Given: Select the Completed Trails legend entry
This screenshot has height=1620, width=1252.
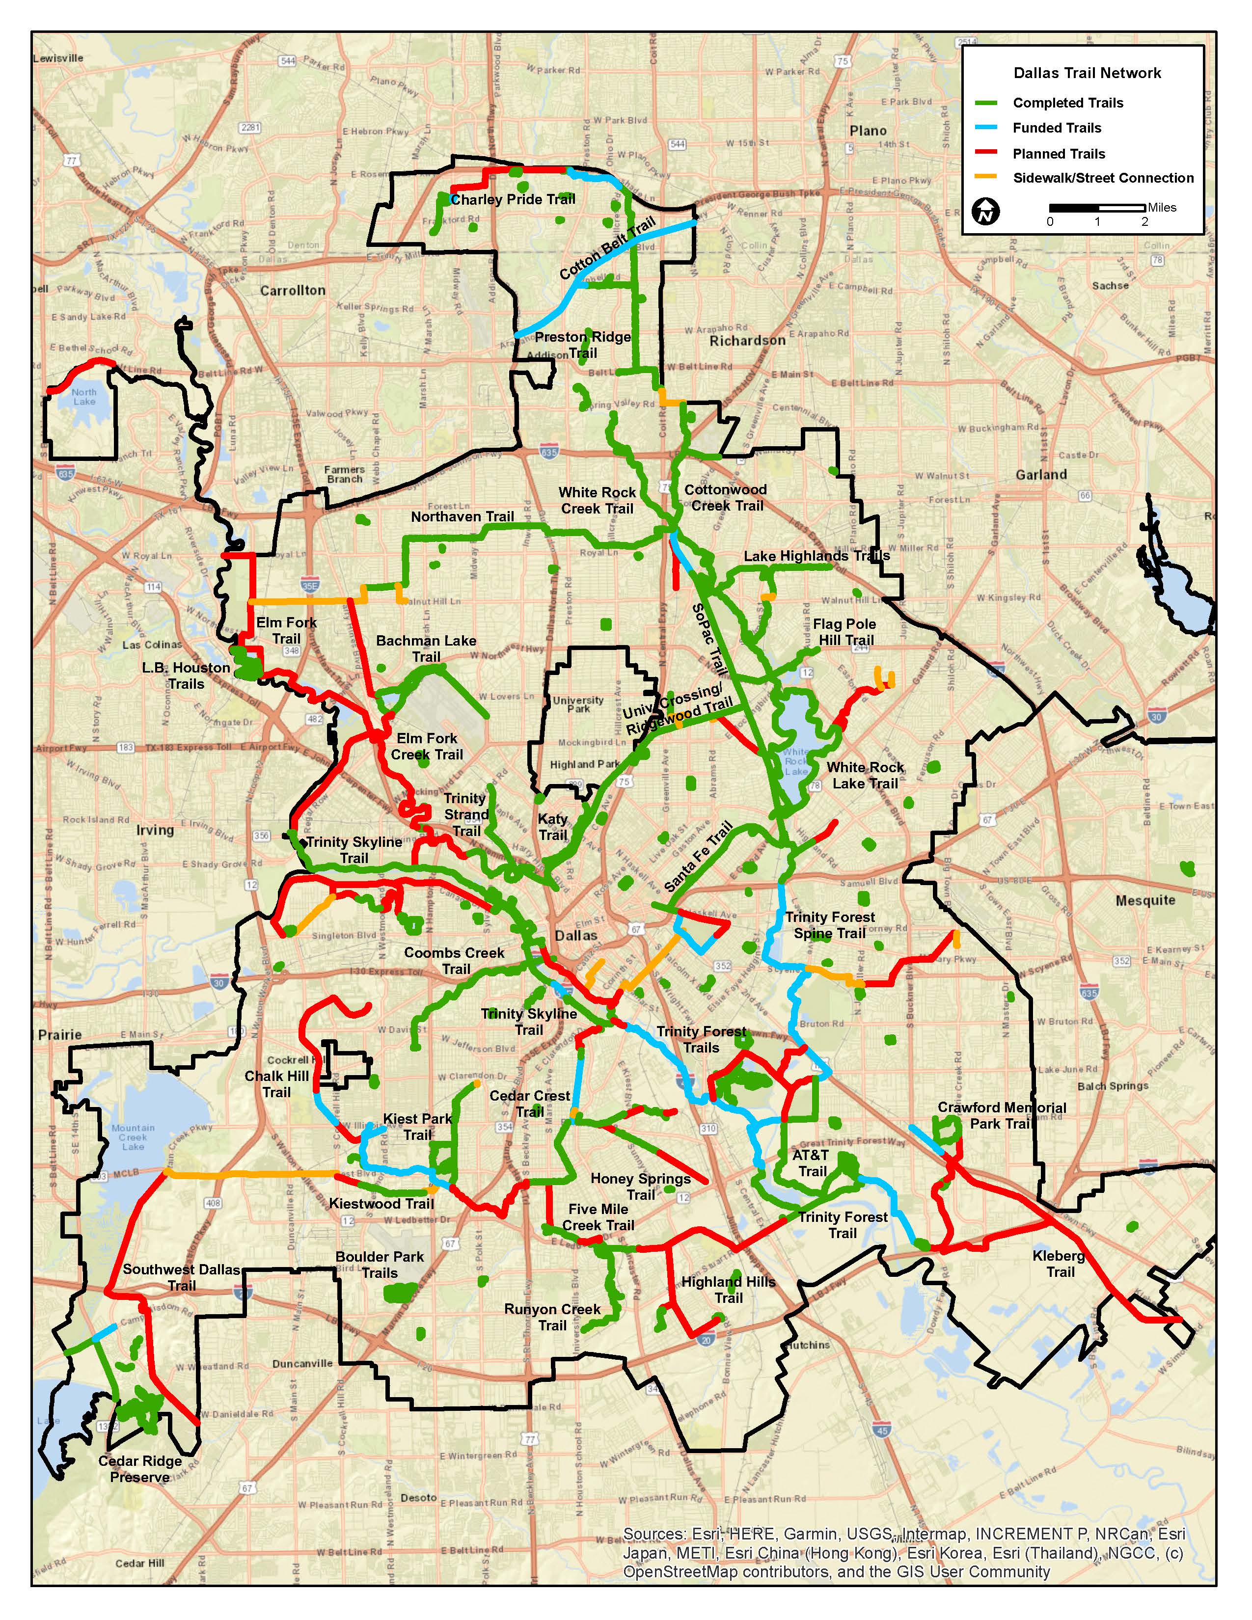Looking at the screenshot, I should pos(1067,103).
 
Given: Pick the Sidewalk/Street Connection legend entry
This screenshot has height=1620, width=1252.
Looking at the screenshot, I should pos(1103,178).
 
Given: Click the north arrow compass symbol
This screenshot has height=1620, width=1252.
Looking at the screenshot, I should pos(986,212).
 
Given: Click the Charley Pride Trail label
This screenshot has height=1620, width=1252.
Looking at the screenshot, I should pos(513,199).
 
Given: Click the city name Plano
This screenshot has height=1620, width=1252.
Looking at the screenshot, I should pos(868,131).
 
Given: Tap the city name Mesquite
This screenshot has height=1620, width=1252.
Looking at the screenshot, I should pos(1145,900).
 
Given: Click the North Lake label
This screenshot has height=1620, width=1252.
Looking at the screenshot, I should pos(84,397).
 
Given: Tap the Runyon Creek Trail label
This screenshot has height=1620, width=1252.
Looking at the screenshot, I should pos(552,1318).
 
